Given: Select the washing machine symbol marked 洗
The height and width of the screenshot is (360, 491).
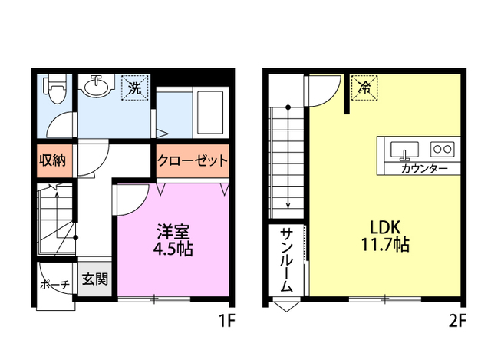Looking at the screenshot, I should (135, 87).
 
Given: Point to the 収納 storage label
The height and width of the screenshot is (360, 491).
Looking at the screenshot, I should (52, 161).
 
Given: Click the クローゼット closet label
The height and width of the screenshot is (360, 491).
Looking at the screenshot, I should (193, 161).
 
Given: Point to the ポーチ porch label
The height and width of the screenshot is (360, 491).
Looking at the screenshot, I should (54, 285).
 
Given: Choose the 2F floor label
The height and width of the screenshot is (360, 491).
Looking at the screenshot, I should (458, 322).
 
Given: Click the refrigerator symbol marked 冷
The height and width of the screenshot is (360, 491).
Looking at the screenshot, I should (364, 87).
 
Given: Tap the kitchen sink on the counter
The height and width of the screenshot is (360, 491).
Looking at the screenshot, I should (404, 148).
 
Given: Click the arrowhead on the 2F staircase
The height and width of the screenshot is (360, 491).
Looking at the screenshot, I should (288, 204).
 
